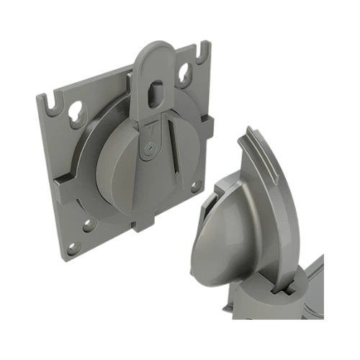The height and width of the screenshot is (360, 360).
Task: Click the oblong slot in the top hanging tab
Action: pos(156,95)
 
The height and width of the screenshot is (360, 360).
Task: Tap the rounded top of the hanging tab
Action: pos(153,54)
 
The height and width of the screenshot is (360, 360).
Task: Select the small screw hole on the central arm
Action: pos(149,148)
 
